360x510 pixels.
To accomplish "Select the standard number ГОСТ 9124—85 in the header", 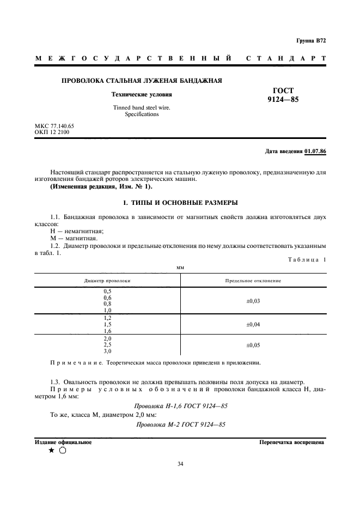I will point(283,95).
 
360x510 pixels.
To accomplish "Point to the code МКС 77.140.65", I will point(54,126).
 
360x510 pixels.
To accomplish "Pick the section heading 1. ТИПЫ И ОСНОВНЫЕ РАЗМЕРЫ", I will point(180,203).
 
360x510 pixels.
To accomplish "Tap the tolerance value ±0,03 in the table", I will point(253,301).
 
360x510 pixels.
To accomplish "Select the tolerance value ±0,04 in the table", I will point(253,324).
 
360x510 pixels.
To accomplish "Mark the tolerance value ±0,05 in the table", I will point(253,345).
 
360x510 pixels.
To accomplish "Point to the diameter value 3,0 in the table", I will point(107,351).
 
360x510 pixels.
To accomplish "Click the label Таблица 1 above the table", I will point(307,260).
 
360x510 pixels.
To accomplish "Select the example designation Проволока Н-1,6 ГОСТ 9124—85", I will point(180,406).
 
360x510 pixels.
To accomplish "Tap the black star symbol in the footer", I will point(51,451).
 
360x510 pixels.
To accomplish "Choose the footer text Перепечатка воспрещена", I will point(292,442).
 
